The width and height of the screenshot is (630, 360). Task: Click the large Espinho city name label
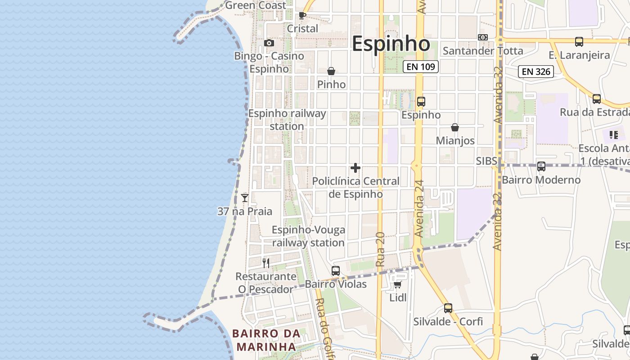coord(391,44)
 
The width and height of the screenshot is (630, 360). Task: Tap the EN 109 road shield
coord(420,67)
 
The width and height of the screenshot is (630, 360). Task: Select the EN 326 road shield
coord(535,71)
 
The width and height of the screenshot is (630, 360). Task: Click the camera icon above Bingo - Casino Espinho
coord(269,43)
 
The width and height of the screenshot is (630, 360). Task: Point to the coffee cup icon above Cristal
coord(302,16)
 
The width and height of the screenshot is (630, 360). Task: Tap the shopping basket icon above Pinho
coord(331,71)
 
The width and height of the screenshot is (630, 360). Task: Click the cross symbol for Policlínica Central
coord(355,168)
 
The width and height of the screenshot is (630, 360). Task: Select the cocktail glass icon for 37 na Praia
coord(245,198)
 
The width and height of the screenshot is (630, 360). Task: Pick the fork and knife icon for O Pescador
coord(266,263)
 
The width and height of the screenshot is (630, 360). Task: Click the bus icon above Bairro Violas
coord(336,271)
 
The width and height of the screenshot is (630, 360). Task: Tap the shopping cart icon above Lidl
coord(397,284)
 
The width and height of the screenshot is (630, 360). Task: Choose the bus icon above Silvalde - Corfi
coord(448,308)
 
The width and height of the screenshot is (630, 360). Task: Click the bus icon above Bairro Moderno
coord(541,166)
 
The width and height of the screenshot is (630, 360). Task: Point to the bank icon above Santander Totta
coord(483,37)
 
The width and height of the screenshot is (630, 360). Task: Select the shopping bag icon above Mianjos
coord(455,127)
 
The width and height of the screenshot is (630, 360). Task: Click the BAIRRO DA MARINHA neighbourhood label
coord(266,340)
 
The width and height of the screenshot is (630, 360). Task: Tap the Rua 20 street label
coord(380,249)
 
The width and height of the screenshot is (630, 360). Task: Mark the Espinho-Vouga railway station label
coord(309,236)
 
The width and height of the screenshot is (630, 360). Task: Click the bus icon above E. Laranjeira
coord(579,42)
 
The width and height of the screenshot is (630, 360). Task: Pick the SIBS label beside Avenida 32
coord(486,161)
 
